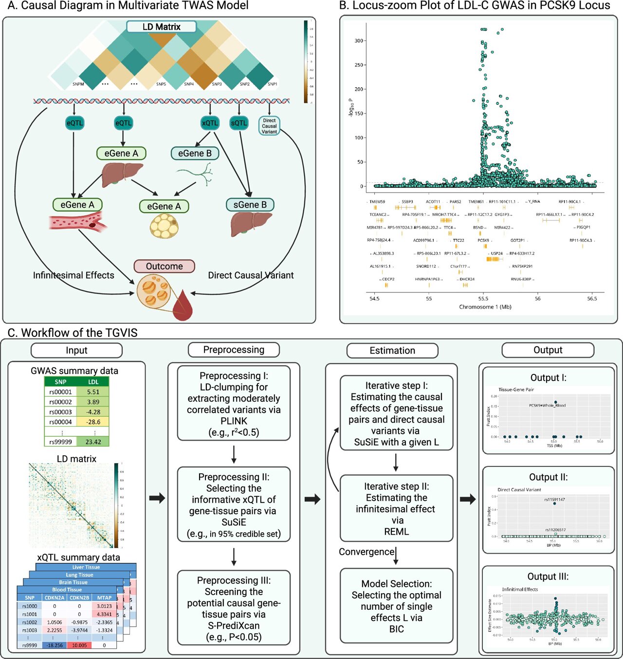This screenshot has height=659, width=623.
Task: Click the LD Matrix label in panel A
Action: [161, 27]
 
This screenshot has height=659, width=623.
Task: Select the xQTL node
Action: [210, 123]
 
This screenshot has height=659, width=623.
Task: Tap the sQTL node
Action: [239, 123]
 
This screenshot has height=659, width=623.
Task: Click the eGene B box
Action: [195, 154]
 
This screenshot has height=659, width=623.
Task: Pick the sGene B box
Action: [250, 205]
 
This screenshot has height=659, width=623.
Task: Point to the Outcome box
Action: [165, 266]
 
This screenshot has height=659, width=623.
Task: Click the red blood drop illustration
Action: [183, 306]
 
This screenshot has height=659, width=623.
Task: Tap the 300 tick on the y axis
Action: [359, 41]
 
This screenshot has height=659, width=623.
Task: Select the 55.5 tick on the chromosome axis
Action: [483, 298]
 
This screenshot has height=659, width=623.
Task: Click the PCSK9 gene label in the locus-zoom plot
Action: [483, 240]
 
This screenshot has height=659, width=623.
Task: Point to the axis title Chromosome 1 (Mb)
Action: [485, 307]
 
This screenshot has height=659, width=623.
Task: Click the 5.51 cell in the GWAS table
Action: [93, 392]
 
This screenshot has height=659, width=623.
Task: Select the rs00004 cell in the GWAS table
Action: [60, 422]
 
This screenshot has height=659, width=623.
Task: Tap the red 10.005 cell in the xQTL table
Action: [79, 645]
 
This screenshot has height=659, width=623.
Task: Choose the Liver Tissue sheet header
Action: [86, 567]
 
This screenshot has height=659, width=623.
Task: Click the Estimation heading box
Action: [392, 350]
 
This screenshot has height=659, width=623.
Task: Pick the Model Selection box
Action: [396, 606]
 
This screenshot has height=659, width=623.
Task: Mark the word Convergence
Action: [366, 552]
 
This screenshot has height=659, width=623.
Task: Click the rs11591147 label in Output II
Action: [554, 499]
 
